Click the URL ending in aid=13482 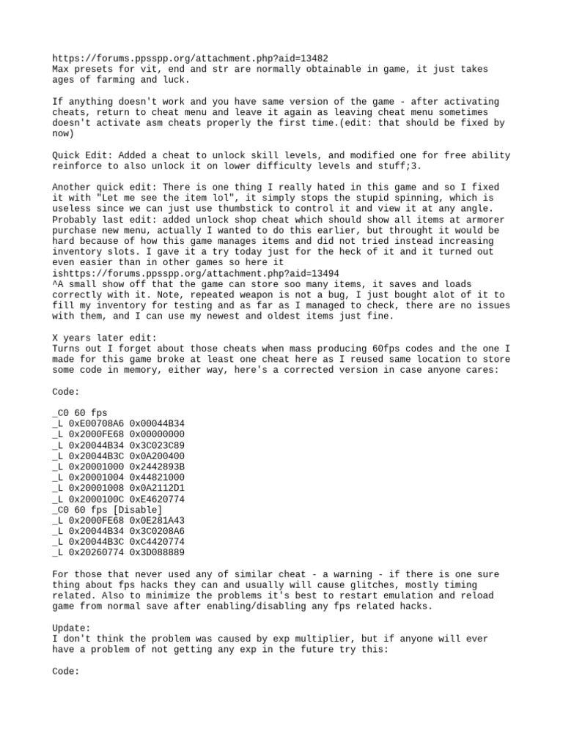pyautogui.click(x=191, y=58)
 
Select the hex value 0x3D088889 pyautogui.click(x=157, y=552)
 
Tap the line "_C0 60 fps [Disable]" pyautogui.click(x=108, y=509)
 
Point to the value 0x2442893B pyautogui.click(x=157, y=466)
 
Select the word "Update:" pyautogui.click(x=71, y=628)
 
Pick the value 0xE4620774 pyautogui.click(x=157, y=498)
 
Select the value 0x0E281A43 pyautogui.click(x=157, y=519)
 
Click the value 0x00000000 pyautogui.click(x=157, y=434)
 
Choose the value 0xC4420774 pyautogui.click(x=157, y=541)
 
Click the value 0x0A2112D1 pyautogui.click(x=157, y=487)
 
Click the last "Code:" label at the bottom pyautogui.click(x=65, y=670)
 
